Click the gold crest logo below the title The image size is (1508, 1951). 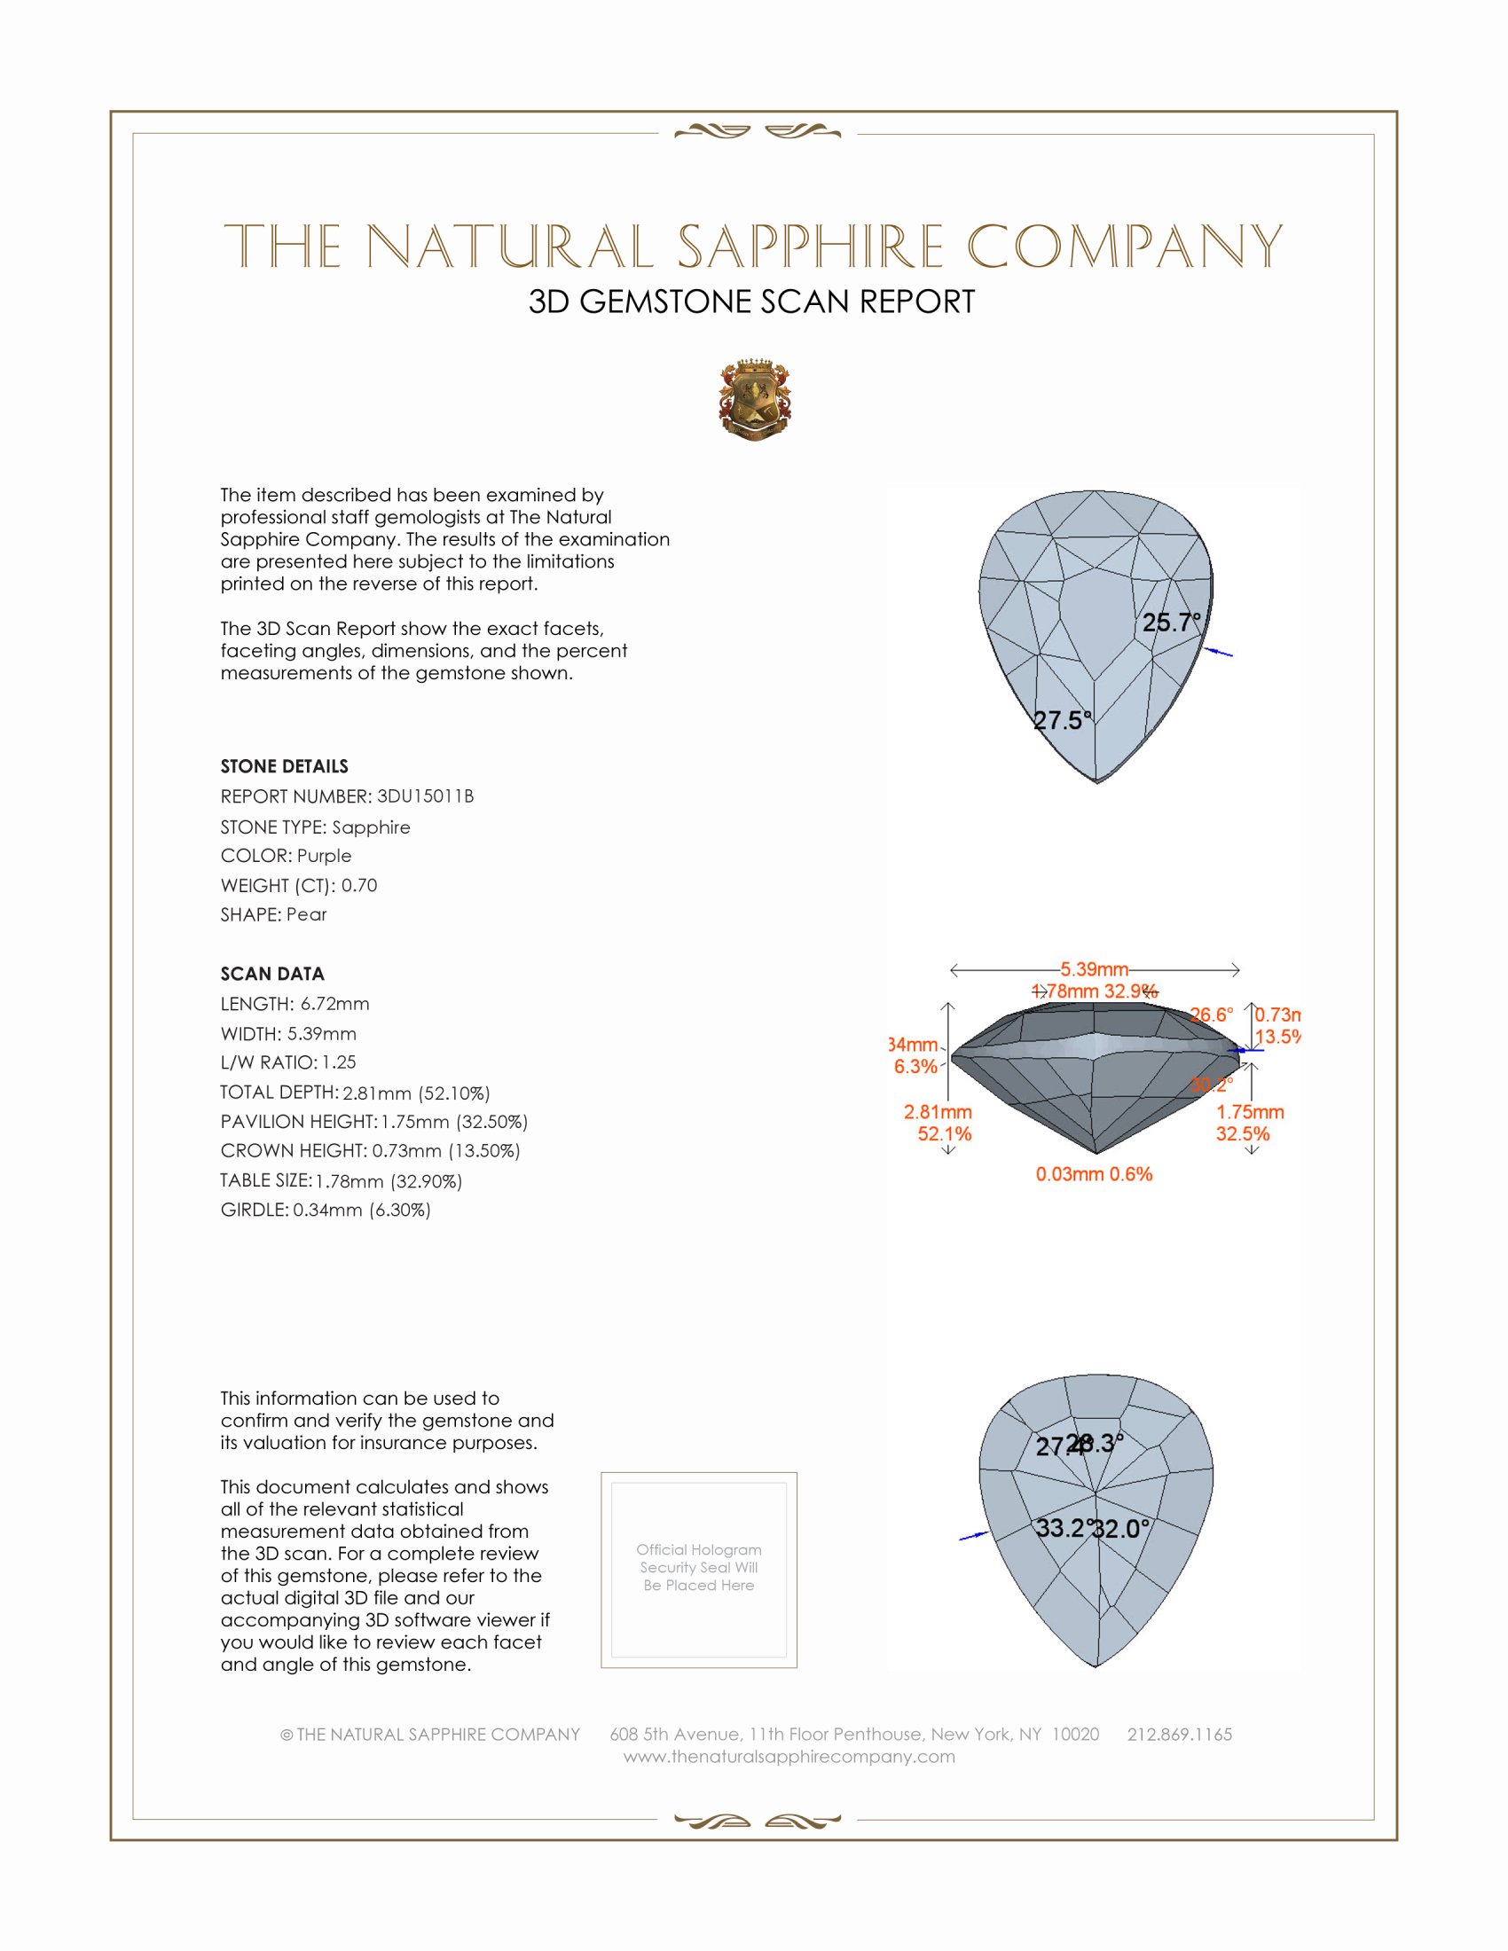coord(755,399)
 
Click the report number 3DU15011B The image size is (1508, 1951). coord(425,796)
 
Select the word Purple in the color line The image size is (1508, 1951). coord(325,856)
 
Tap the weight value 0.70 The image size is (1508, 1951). coord(359,885)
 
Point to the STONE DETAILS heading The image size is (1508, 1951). coord(284,766)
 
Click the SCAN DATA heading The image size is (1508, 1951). coord(272,974)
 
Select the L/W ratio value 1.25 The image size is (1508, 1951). coord(340,1063)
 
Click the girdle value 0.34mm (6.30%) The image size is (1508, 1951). coord(362,1211)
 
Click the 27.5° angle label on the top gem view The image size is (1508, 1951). coord(1062,721)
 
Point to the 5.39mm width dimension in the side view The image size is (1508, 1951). coord(1095,969)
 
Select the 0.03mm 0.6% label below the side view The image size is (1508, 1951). coord(1094,1174)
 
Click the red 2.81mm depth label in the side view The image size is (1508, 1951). coord(938,1112)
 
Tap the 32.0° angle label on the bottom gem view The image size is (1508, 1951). coord(1122,1530)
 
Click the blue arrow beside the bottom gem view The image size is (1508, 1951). coord(973,1537)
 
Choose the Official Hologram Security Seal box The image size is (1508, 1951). coord(699,1570)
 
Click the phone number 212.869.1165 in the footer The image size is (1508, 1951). coord(1179,1734)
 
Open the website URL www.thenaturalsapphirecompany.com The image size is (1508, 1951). coord(789,1756)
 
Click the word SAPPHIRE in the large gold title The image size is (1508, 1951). coord(810,247)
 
